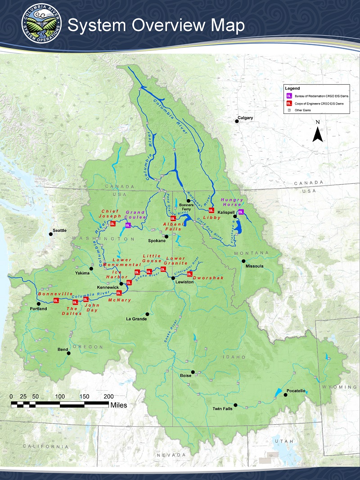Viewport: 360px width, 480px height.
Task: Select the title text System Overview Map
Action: [x=156, y=26]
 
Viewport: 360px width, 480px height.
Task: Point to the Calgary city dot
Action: [x=237, y=121]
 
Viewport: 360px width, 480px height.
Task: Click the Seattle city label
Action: [x=59, y=231]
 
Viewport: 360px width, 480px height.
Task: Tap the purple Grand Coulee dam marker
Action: [x=128, y=225]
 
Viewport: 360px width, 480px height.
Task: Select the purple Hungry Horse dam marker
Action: [x=241, y=212]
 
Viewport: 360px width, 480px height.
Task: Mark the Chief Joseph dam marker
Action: [x=113, y=223]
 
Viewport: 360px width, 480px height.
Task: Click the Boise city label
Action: [x=185, y=375]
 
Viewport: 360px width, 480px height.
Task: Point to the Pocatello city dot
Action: [x=285, y=395]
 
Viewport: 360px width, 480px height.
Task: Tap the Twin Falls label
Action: [x=223, y=409]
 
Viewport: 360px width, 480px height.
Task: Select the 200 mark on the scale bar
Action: [x=109, y=396]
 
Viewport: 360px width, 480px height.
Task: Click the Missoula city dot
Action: [x=243, y=261]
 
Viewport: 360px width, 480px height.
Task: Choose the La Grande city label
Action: [x=135, y=319]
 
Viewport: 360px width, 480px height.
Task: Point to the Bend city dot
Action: [x=69, y=353]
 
